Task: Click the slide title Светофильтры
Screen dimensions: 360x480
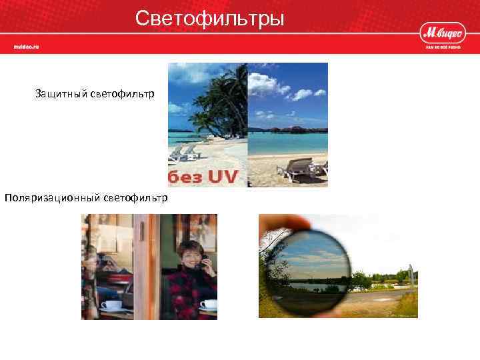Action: point(209,18)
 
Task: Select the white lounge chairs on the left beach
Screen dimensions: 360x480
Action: point(183,153)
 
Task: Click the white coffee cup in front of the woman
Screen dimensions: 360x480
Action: point(209,305)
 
